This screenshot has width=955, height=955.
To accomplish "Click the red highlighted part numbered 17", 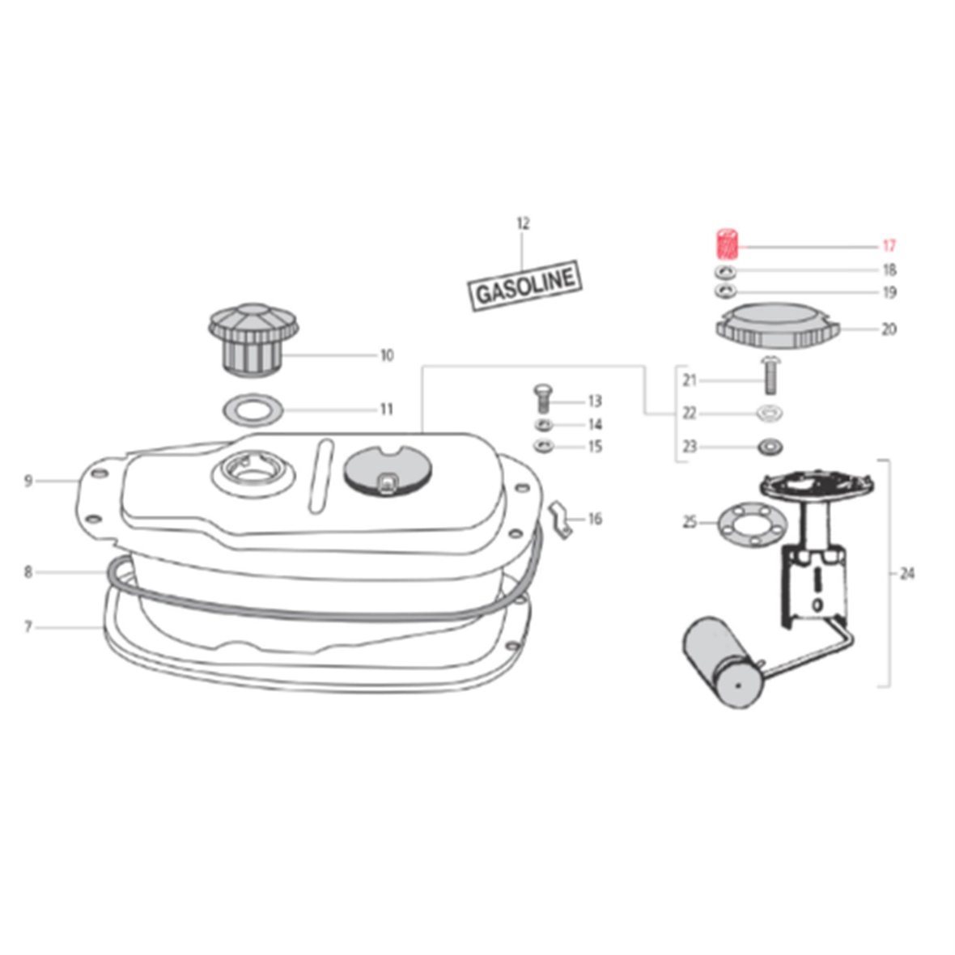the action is point(727,244).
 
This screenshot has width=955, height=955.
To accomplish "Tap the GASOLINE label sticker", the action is point(524,286).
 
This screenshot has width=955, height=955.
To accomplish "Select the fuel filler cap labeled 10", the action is point(253,339).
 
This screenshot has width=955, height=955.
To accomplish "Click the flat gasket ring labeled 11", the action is point(253,410).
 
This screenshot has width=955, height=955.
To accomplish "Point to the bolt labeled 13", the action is point(542,398).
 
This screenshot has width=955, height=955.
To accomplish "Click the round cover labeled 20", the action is point(778,326).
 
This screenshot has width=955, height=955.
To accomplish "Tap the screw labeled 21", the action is point(769,376).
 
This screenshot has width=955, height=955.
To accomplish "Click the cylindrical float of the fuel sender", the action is point(724,662).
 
